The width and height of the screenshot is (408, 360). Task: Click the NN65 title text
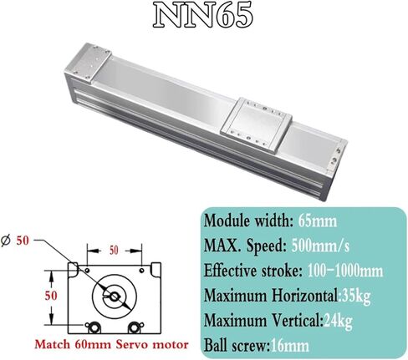pyautogui.click(x=204, y=18)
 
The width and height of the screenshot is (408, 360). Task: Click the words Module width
pyautogui.click(x=244, y=221)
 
